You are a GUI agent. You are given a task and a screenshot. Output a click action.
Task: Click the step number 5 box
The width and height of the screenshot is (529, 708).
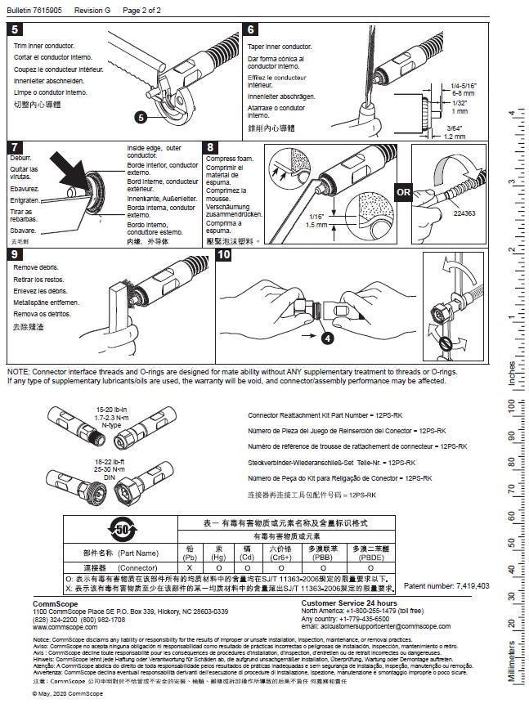coord(16,30)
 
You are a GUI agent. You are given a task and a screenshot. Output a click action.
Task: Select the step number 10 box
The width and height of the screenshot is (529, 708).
coord(225,255)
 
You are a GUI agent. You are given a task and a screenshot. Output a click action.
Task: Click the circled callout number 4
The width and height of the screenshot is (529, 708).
coord(327,336)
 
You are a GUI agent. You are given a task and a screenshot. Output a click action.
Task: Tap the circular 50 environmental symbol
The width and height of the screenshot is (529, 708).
coord(123,531)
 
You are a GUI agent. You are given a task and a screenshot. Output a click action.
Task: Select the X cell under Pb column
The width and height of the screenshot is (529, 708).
coord(190,567)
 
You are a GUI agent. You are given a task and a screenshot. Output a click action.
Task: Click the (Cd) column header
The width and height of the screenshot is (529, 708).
coord(246,557)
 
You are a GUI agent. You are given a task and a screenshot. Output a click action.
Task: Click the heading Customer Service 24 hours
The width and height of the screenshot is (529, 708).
coord(352,603)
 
